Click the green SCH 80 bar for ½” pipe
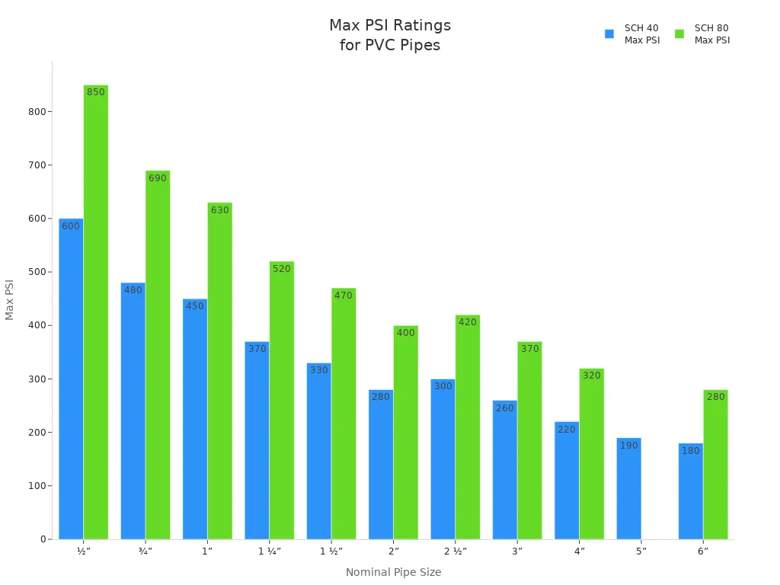click(96, 312)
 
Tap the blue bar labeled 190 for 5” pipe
click(628, 488)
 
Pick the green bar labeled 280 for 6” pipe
click(715, 465)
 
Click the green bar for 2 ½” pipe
click(468, 427)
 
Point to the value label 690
click(158, 178)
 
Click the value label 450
click(195, 306)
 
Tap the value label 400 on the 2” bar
click(406, 333)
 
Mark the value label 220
click(567, 430)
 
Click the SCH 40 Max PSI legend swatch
click(609, 34)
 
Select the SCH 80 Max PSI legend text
click(711, 34)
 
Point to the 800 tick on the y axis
click(37, 111)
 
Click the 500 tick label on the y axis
click(37, 272)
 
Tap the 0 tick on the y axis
click(43, 539)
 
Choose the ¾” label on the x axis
click(145, 551)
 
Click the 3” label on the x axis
click(517, 551)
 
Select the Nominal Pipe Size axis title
click(393, 572)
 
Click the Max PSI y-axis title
click(10, 299)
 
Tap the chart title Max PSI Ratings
click(390, 26)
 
